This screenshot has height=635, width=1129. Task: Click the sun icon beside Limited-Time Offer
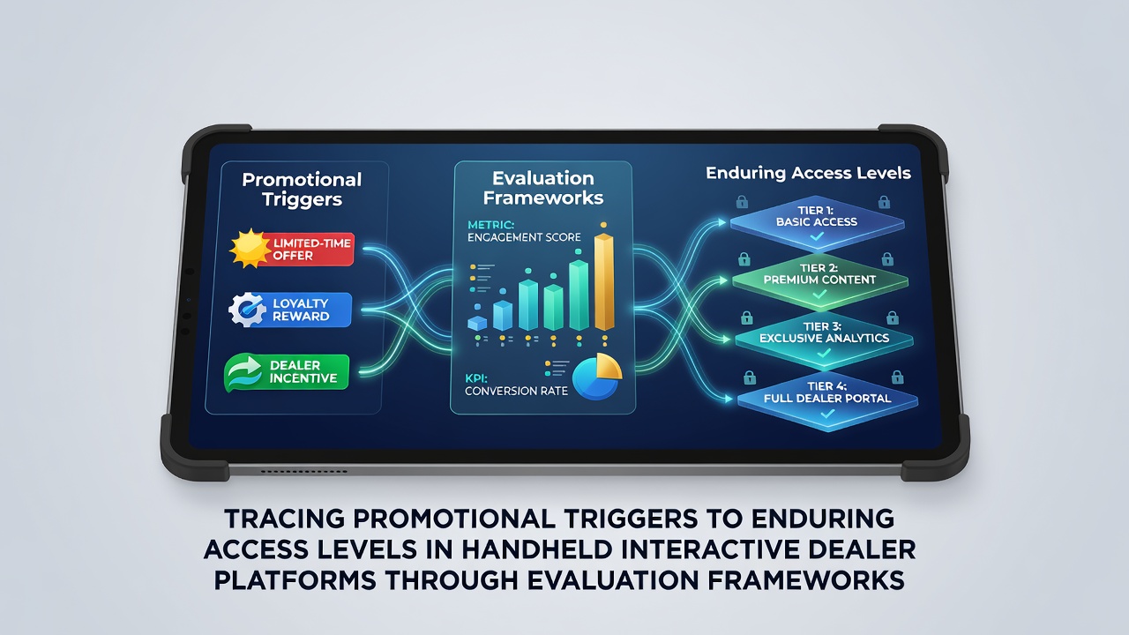click(x=250, y=249)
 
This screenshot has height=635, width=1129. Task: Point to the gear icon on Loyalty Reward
click(x=247, y=310)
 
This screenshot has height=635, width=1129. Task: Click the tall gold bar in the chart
click(x=604, y=282)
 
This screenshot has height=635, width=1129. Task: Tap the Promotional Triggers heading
click(x=302, y=189)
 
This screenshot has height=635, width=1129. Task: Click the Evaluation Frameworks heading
click(x=542, y=188)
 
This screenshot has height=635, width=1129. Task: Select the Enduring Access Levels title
click(x=808, y=173)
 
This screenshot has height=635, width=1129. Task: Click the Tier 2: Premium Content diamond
click(x=820, y=280)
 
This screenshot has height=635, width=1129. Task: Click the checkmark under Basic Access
click(x=817, y=235)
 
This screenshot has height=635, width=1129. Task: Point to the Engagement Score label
click(x=524, y=237)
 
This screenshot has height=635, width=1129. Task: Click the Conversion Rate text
click(x=516, y=391)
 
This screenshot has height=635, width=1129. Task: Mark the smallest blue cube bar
click(x=477, y=323)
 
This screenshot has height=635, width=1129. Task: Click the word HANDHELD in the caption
click(x=536, y=549)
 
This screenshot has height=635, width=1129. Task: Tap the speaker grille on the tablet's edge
click(x=304, y=472)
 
